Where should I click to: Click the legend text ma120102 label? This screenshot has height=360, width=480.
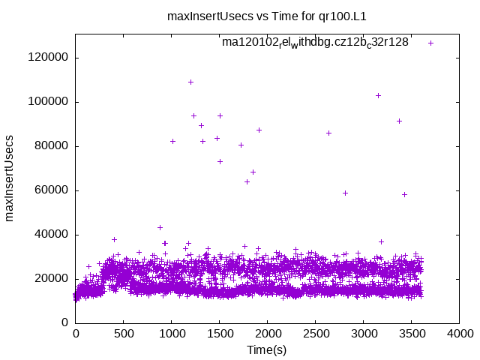pyautogui.click(x=315, y=42)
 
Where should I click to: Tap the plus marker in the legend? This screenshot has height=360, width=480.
pyautogui.click(x=430, y=43)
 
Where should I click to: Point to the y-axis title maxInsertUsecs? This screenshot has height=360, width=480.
pyautogui.click(x=10, y=178)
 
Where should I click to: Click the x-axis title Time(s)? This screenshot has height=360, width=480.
pyautogui.click(x=267, y=349)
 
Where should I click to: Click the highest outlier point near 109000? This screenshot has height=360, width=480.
pyautogui.click(x=190, y=82)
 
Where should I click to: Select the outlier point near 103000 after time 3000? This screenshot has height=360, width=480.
pyautogui.click(x=378, y=95)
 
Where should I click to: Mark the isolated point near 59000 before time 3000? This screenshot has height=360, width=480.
pyautogui.click(x=345, y=193)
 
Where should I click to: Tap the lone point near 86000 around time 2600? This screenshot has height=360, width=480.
pyautogui.click(x=328, y=133)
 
